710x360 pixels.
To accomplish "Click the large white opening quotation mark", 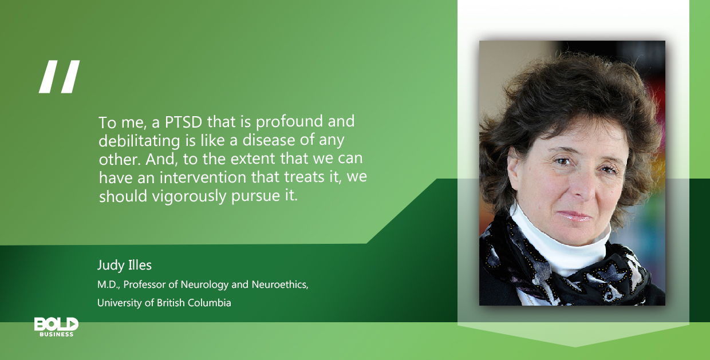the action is pos(60,77).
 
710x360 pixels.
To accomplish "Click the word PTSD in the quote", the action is pos(184,122).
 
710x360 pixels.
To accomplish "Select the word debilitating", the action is pos(139,141).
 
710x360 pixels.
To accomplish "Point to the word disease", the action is pos(269,140).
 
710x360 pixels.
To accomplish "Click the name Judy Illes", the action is pos(125,266).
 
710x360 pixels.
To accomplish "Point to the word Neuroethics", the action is pos(280,284).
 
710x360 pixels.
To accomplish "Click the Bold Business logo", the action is pos(57,327).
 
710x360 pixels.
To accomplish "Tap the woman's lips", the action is pos(575,216).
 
